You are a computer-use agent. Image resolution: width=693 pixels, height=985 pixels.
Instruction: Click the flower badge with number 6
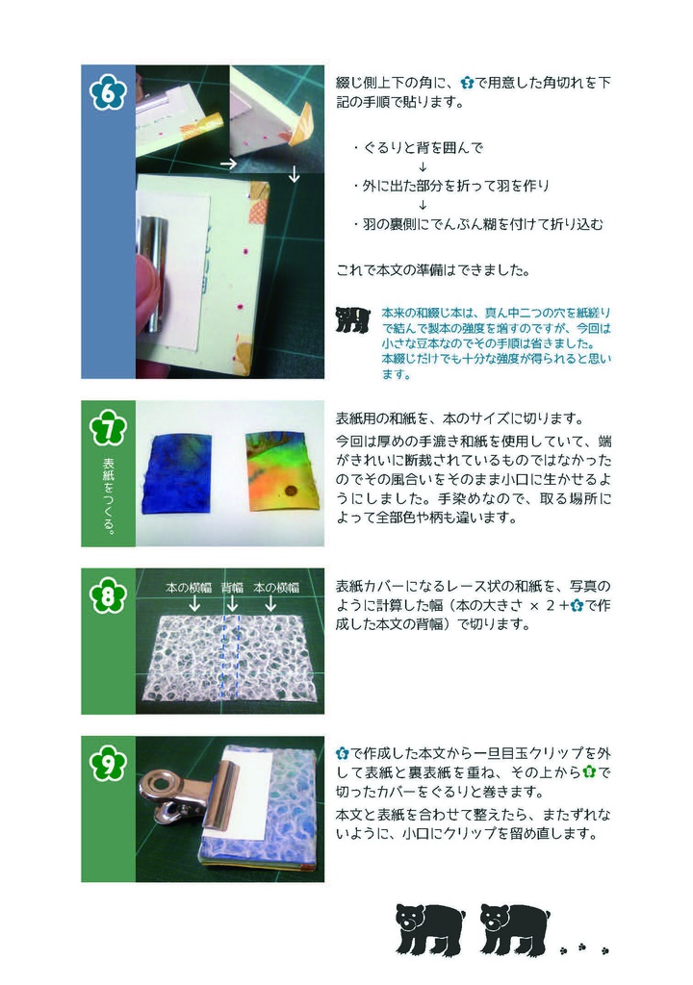pyautogui.click(x=108, y=93)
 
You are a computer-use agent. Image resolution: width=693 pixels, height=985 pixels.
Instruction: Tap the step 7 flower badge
pyautogui.click(x=108, y=429)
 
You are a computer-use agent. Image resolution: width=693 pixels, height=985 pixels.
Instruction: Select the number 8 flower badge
pyautogui.click(x=108, y=596)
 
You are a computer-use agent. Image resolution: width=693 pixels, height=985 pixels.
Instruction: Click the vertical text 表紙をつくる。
pyautogui.click(x=108, y=494)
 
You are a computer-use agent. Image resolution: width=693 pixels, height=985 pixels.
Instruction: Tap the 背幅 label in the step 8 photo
pyautogui.click(x=232, y=586)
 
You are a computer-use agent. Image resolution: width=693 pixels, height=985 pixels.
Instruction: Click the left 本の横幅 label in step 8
pyautogui.click(x=189, y=586)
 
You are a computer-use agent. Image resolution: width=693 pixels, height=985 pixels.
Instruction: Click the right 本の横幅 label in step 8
pyautogui.click(x=275, y=586)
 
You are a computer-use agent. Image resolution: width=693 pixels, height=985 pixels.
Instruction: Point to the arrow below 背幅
pyautogui.click(x=232, y=604)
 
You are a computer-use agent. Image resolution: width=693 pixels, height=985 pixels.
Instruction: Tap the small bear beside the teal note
pyautogui.click(x=352, y=319)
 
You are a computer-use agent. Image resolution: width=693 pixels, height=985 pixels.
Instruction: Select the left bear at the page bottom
pyautogui.click(x=429, y=927)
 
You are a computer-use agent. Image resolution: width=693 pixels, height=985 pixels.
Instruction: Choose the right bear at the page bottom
pyautogui.click(x=514, y=927)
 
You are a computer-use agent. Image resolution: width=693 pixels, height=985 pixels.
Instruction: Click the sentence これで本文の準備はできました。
pyautogui.click(x=432, y=270)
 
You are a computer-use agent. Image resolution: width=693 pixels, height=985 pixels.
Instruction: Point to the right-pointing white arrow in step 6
pyautogui.click(x=228, y=164)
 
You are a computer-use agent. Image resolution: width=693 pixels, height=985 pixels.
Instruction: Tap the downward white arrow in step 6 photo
pyautogui.click(x=295, y=176)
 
